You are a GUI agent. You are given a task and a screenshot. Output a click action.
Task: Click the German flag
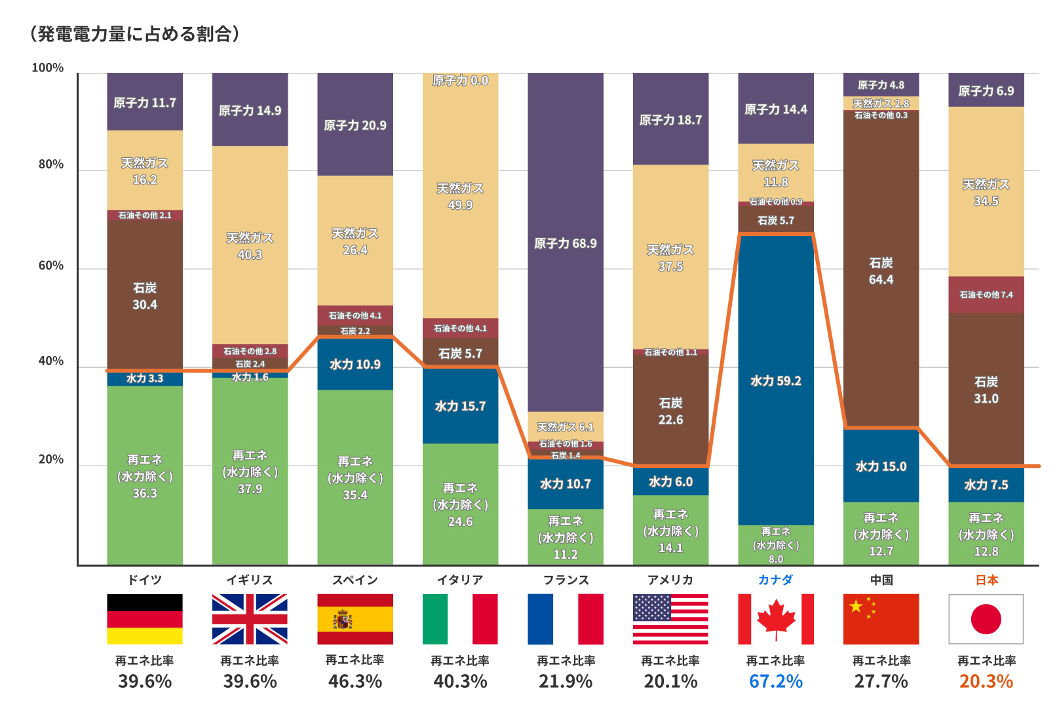click(145, 619)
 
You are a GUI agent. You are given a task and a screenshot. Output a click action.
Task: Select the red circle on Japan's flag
click(986, 619)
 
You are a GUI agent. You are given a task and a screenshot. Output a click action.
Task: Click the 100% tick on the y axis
click(48, 68)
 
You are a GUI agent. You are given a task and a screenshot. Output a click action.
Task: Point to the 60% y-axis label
click(51, 266)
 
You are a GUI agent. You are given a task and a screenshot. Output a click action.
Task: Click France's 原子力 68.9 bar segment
click(566, 243)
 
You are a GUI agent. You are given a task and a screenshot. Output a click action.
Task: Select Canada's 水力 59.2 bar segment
click(776, 380)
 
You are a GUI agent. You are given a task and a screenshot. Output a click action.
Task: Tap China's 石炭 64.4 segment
click(881, 271)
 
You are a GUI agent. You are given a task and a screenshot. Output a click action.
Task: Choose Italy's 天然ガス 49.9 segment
click(460, 196)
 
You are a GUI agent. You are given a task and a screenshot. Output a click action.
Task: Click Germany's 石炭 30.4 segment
click(145, 296)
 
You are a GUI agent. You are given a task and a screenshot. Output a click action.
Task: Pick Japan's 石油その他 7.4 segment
click(986, 294)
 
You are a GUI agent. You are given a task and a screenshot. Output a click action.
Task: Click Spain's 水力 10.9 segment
click(355, 365)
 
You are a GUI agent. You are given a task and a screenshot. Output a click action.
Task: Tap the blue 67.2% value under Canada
click(776, 681)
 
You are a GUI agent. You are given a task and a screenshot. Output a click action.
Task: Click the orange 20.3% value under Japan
click(986, 681)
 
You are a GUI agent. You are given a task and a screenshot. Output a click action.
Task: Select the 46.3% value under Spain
click(355, 681)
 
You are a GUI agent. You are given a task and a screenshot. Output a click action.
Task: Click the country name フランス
click(566, 580)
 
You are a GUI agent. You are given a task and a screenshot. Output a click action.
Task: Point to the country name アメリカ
click(670, 580)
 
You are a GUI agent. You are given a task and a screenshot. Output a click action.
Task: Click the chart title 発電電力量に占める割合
click(135, 33)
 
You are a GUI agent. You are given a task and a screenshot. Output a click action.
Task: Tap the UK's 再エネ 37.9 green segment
click(250, 471)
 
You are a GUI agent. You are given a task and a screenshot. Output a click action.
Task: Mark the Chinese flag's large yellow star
click(856, 606)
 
